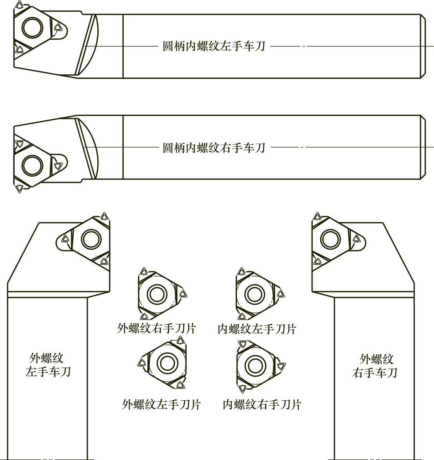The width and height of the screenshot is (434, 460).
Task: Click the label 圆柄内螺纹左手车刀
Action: tap(214, 47)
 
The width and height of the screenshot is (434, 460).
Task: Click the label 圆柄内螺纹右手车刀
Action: tap(214, 147)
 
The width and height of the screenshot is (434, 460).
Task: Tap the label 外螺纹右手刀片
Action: tap(157, 328)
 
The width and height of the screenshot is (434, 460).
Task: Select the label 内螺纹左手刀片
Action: tap(257, 329)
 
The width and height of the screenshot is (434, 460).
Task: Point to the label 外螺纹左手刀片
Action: tap(161, 404)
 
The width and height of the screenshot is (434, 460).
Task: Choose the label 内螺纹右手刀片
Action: tap(262, 404)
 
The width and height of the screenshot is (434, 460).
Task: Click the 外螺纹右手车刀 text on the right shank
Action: tap(375, 366)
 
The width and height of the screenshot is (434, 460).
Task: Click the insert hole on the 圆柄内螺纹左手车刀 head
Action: tap(32, 27)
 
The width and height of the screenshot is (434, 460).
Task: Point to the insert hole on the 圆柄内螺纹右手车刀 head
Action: tap(32, 165)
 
